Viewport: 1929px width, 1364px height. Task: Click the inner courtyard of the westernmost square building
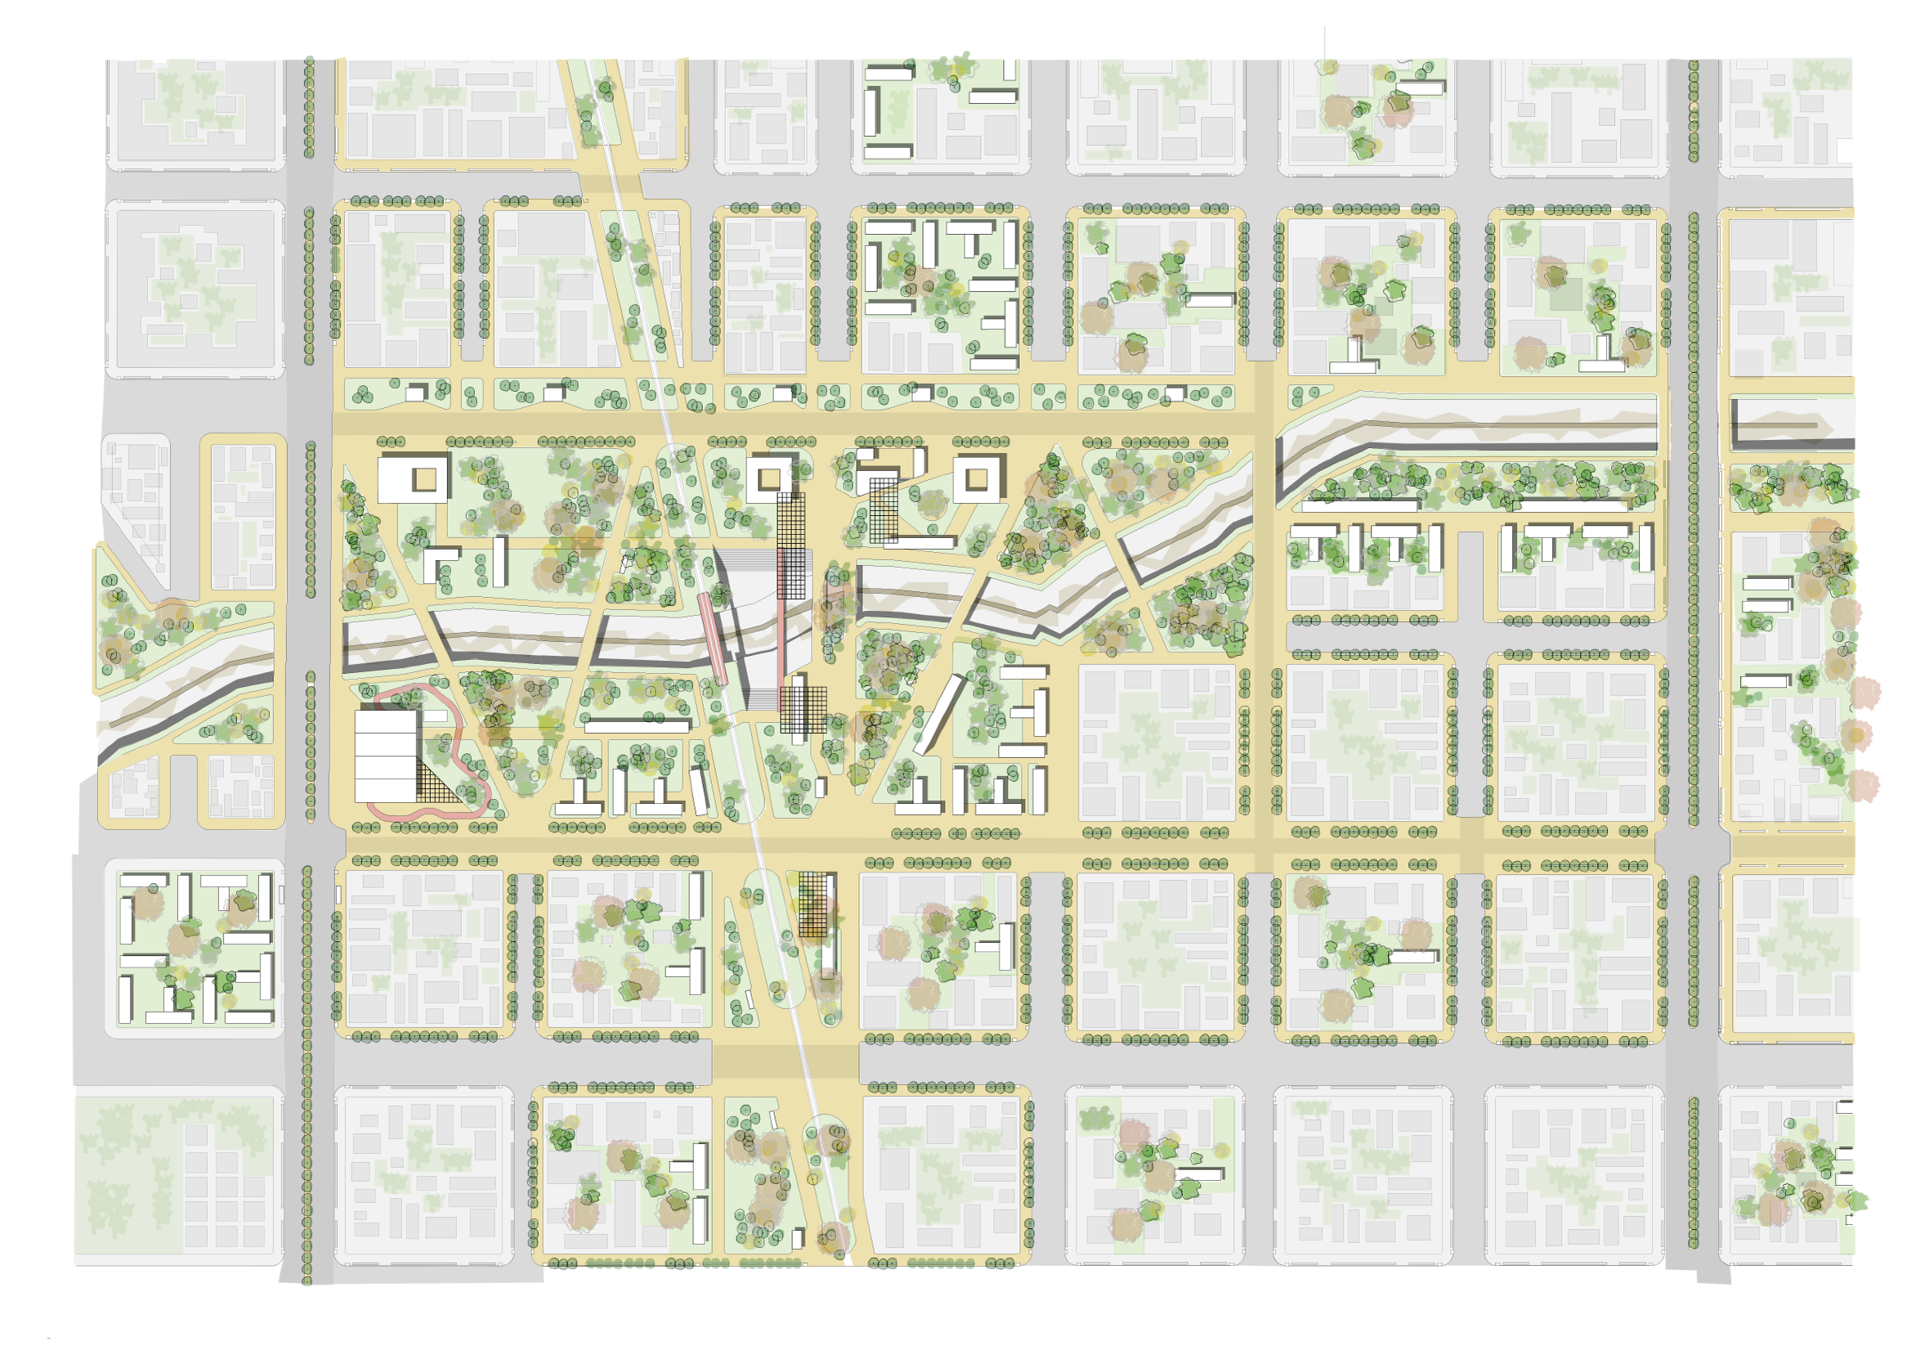click(x=424, y=479)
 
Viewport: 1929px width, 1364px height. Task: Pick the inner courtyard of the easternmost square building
click(x=975, y=478)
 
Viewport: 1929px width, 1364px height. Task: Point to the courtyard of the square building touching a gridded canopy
click(x=770, y=480)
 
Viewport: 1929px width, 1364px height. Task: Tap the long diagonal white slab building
click(x=938, y=715)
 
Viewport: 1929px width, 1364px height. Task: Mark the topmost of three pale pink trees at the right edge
click(x=1864, y=693)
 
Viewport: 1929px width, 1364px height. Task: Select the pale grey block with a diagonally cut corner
click(x=134, y=505)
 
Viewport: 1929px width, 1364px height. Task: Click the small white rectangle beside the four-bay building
click(x=435, y=716)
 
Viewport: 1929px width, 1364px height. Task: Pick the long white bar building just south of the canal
click(x=636, y=725)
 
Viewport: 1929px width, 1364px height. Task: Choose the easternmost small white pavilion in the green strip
click(x=1175, y=393)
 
